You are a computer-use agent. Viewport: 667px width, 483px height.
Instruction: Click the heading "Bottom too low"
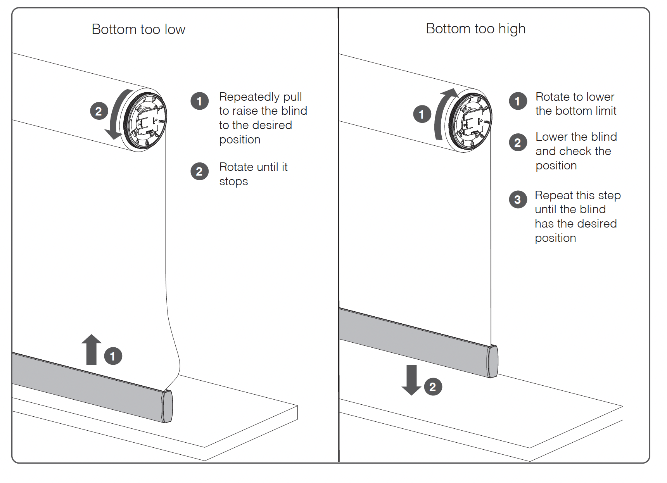click(x=138, y=29)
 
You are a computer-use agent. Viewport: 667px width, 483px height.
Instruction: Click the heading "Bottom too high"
click(x=475, y=29)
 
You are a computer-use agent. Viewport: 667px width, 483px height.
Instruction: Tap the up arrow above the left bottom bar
click(x=92, y=349)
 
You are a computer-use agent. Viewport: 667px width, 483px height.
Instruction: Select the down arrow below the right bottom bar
click(x=411, y=379)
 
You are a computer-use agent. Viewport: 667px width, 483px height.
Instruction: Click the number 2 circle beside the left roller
click(x=99, y=111)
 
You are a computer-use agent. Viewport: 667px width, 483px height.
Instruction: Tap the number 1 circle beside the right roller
click(x=422, y=114)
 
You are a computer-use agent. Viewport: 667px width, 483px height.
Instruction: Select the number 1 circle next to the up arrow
click(x=113, y=356)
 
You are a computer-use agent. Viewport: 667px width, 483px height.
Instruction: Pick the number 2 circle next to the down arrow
click(x=433, y=387)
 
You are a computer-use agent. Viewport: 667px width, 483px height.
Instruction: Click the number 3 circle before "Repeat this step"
click(x=518, y=200)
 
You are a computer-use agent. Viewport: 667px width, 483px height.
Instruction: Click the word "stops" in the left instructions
click(x=233, y=181)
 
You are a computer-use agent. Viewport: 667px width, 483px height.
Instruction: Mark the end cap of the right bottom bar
click(x=493, y=361)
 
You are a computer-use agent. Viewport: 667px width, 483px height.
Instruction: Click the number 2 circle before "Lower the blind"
click(x=518, y=143)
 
